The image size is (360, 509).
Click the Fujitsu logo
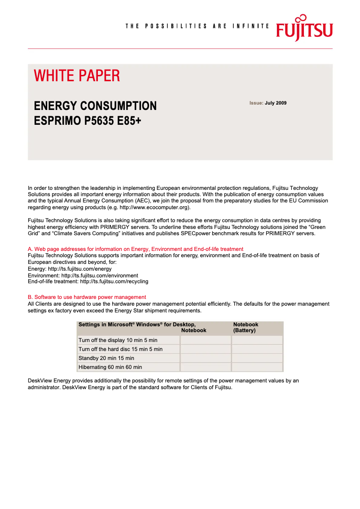(x=304, y=28)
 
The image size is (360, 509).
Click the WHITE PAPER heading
(x=77, y=76)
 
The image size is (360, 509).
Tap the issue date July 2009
(x=275, y=103)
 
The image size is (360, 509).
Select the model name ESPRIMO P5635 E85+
(x=88, y=121)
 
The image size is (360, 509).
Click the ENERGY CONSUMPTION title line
(x=95, y=106)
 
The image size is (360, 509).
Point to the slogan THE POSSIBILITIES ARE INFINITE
(x=197, y=26)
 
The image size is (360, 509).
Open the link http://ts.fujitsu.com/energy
(x=80, y=269)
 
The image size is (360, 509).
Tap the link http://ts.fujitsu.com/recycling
(x=114, y=281)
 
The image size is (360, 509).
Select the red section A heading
(x=136, y=249)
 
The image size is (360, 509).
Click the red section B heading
(x=87, y=297)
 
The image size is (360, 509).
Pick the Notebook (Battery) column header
(x=246, y=327)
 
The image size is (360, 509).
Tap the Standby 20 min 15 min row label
(x=106, y=358)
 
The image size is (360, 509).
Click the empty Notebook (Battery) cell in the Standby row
(x=257, y=358)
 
